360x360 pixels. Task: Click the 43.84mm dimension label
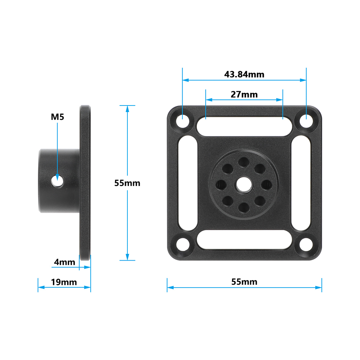(244, 74)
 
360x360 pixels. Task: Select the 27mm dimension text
(244, 94)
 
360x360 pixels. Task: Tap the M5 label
(57, 117)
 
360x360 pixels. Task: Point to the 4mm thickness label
(64, 262)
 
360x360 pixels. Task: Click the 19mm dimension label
(64, 282)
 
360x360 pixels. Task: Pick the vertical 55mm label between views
(127, 183)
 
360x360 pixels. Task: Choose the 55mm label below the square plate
(244, 282)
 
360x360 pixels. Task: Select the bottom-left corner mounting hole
(183, 244)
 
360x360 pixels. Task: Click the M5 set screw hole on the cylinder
(57, 181)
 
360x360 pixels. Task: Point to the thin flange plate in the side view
(85, 183)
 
